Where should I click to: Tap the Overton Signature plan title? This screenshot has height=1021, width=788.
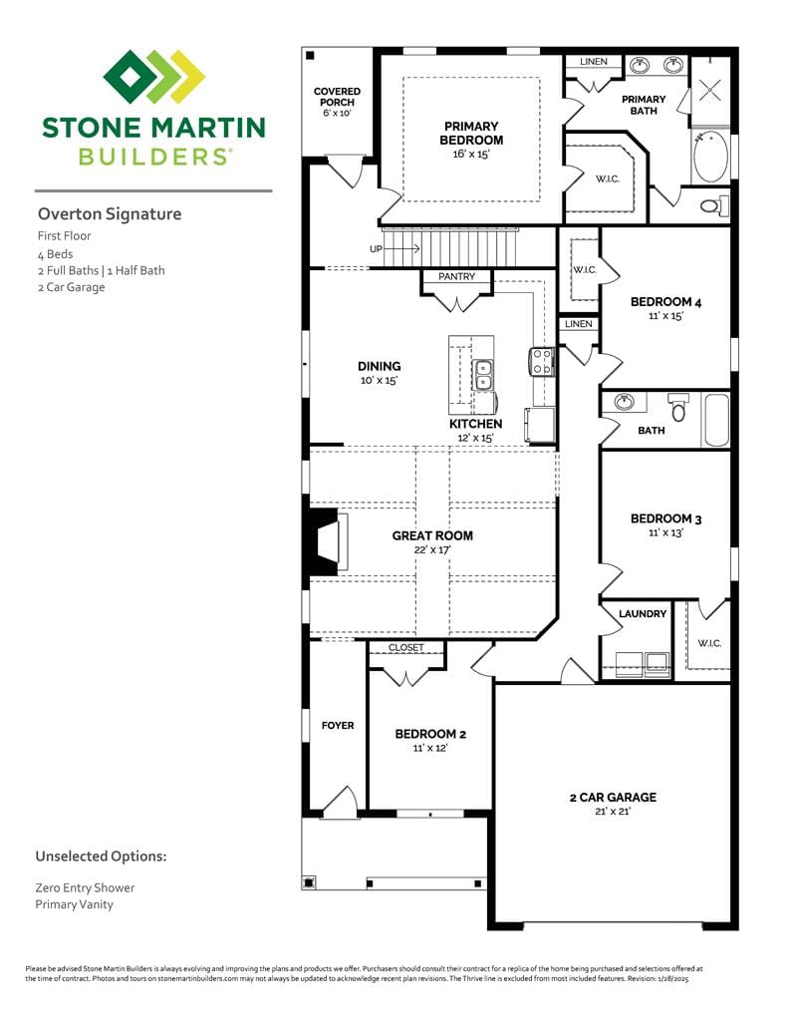pos(110,213)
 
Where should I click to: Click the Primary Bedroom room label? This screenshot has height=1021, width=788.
pos(471,134)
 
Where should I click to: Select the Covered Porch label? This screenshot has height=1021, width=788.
pos(337,97)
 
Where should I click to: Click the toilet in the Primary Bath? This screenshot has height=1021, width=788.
pos(712,206)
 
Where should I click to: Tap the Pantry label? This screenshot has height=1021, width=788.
pos(456,276)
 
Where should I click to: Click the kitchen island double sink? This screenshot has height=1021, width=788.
pos(483,374)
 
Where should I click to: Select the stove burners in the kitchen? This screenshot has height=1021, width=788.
pos(542,360)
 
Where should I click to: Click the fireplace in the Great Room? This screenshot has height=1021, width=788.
pos(324,541)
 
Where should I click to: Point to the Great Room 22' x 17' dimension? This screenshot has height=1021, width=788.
pos(432,549)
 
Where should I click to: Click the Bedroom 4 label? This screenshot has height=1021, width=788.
pos(665,302)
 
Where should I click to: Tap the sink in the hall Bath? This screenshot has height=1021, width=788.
pos(625,403)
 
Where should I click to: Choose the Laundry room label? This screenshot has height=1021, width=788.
pos(642,613)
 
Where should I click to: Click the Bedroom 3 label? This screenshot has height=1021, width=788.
pos(665,518)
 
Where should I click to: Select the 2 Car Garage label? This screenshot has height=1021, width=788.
pos(612,797)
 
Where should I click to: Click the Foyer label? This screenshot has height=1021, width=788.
pos(338,725)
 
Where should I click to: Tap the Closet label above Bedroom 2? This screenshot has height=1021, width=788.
pos(405,647)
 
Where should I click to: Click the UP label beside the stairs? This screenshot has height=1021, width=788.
pos(376,248)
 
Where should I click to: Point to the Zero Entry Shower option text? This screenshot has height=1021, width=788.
pos(85,887)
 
